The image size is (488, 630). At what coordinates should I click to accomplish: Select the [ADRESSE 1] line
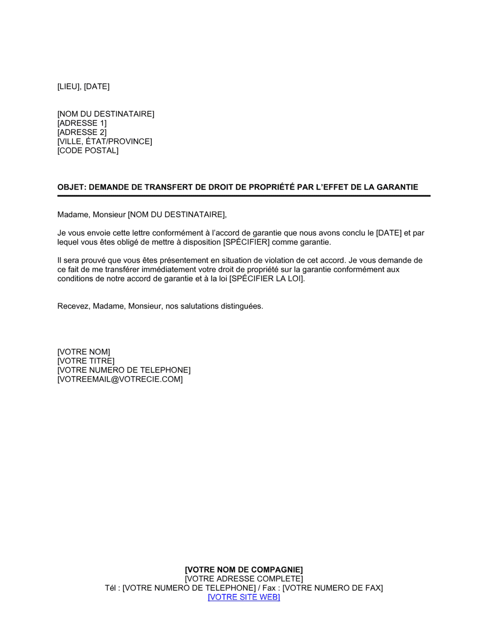coord(82,123)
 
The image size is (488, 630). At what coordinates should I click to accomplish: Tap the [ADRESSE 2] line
coord(82,132)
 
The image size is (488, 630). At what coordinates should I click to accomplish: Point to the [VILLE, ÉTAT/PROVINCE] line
coord(104,142)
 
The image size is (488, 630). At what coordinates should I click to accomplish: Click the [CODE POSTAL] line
coord(88,150)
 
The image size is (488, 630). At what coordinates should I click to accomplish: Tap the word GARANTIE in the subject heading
coord(398,187)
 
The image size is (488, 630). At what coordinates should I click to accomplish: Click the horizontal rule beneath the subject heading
coord(244,196)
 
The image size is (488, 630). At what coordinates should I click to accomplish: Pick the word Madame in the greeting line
coord(71,214)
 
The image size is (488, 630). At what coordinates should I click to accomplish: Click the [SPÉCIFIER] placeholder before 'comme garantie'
coord(246,242)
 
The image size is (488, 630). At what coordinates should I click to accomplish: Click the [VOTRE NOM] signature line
coord(84,352)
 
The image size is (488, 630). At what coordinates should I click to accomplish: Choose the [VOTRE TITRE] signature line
coord(86,361)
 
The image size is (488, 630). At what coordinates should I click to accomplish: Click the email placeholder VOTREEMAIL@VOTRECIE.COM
coord(120,379)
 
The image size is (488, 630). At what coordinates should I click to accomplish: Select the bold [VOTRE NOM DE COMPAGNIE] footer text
coord(244,570)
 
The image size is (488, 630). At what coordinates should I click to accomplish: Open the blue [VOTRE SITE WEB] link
coord(244,597)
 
